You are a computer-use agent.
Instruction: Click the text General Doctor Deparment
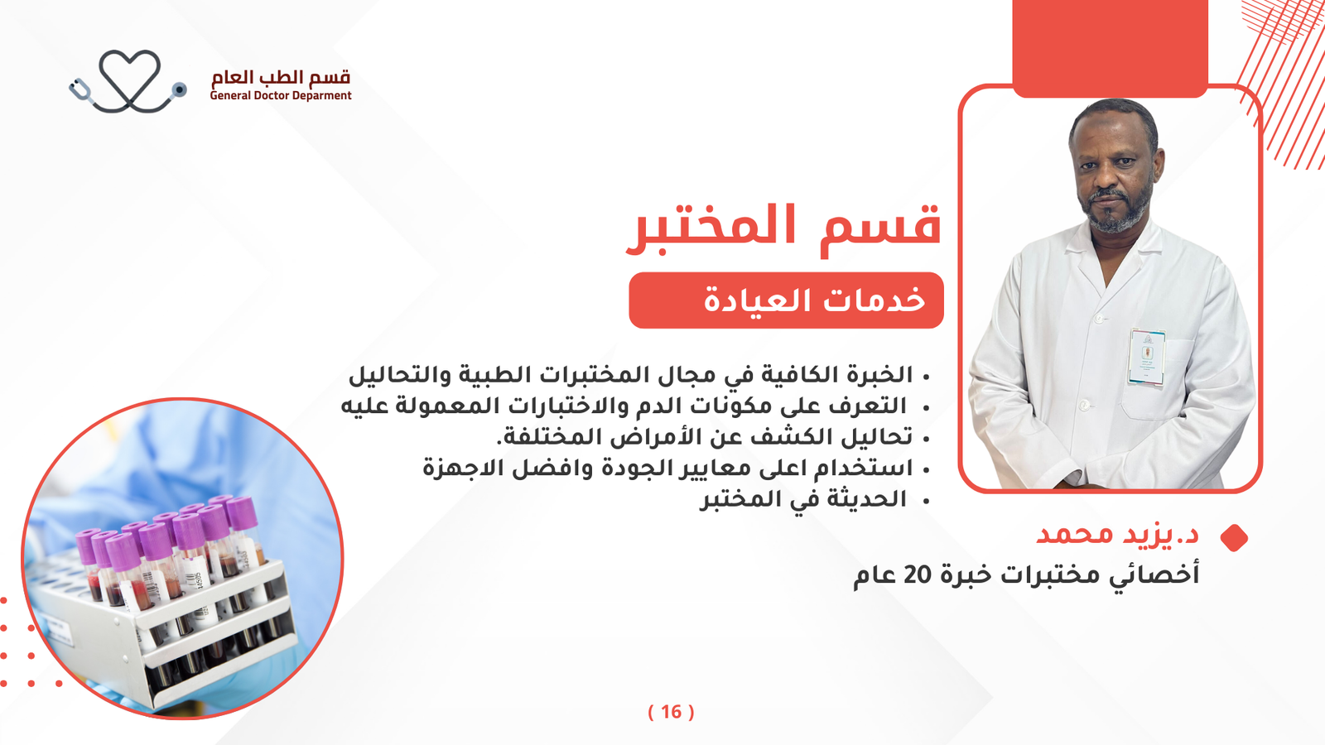pyautogui.click(x=281, y=96)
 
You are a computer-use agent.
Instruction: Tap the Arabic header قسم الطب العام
pyautogui.click(x=281, y=77)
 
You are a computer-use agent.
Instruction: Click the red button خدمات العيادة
pyautogui.click(x=786, y=300)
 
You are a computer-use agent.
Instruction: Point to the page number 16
pyautogui.click(x=672, y=712)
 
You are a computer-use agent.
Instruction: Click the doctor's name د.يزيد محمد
pyautogui.click(x=1117, y=535)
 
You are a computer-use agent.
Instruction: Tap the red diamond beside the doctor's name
pyautogui.click(x=1234, y=537)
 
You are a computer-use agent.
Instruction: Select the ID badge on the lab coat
pyautogui.click(x=1147, y=357)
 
